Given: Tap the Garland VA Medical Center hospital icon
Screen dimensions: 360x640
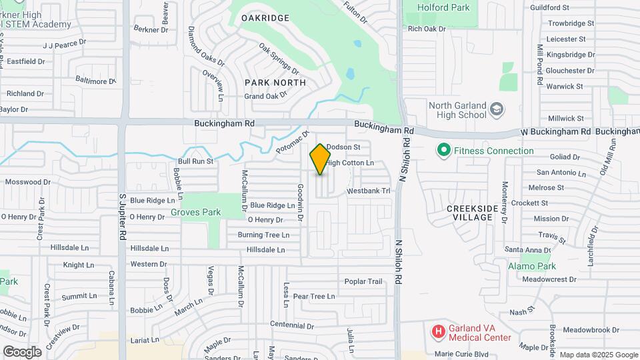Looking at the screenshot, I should [x=438, y=331].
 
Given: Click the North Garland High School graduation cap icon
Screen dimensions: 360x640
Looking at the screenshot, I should [x=496, y=108].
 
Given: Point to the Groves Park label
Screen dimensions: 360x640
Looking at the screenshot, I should [x=195, y=212].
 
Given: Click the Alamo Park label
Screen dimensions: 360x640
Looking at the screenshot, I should [x=531, y=266].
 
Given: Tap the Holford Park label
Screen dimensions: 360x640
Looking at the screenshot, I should [x=443, y=8].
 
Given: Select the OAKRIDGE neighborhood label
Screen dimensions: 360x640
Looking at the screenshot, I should [x=265, y=18].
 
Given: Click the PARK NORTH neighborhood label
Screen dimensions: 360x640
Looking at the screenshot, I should [x=275, y=83].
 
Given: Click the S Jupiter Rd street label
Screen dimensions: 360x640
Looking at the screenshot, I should [x=123, y=217].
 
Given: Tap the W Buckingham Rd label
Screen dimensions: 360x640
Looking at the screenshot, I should [x=556, y=132].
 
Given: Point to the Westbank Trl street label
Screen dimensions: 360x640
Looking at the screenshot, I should [x=367, y=191].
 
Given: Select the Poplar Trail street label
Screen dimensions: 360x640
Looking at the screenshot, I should [x=363, y=281].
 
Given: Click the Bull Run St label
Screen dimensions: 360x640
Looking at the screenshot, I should [x=195, y=161].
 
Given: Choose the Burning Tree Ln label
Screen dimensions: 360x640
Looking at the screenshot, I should [x=263, y=235].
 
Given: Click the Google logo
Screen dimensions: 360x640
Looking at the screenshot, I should [x=22, y=352].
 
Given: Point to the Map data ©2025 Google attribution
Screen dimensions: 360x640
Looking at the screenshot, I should [x=598, y=355].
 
